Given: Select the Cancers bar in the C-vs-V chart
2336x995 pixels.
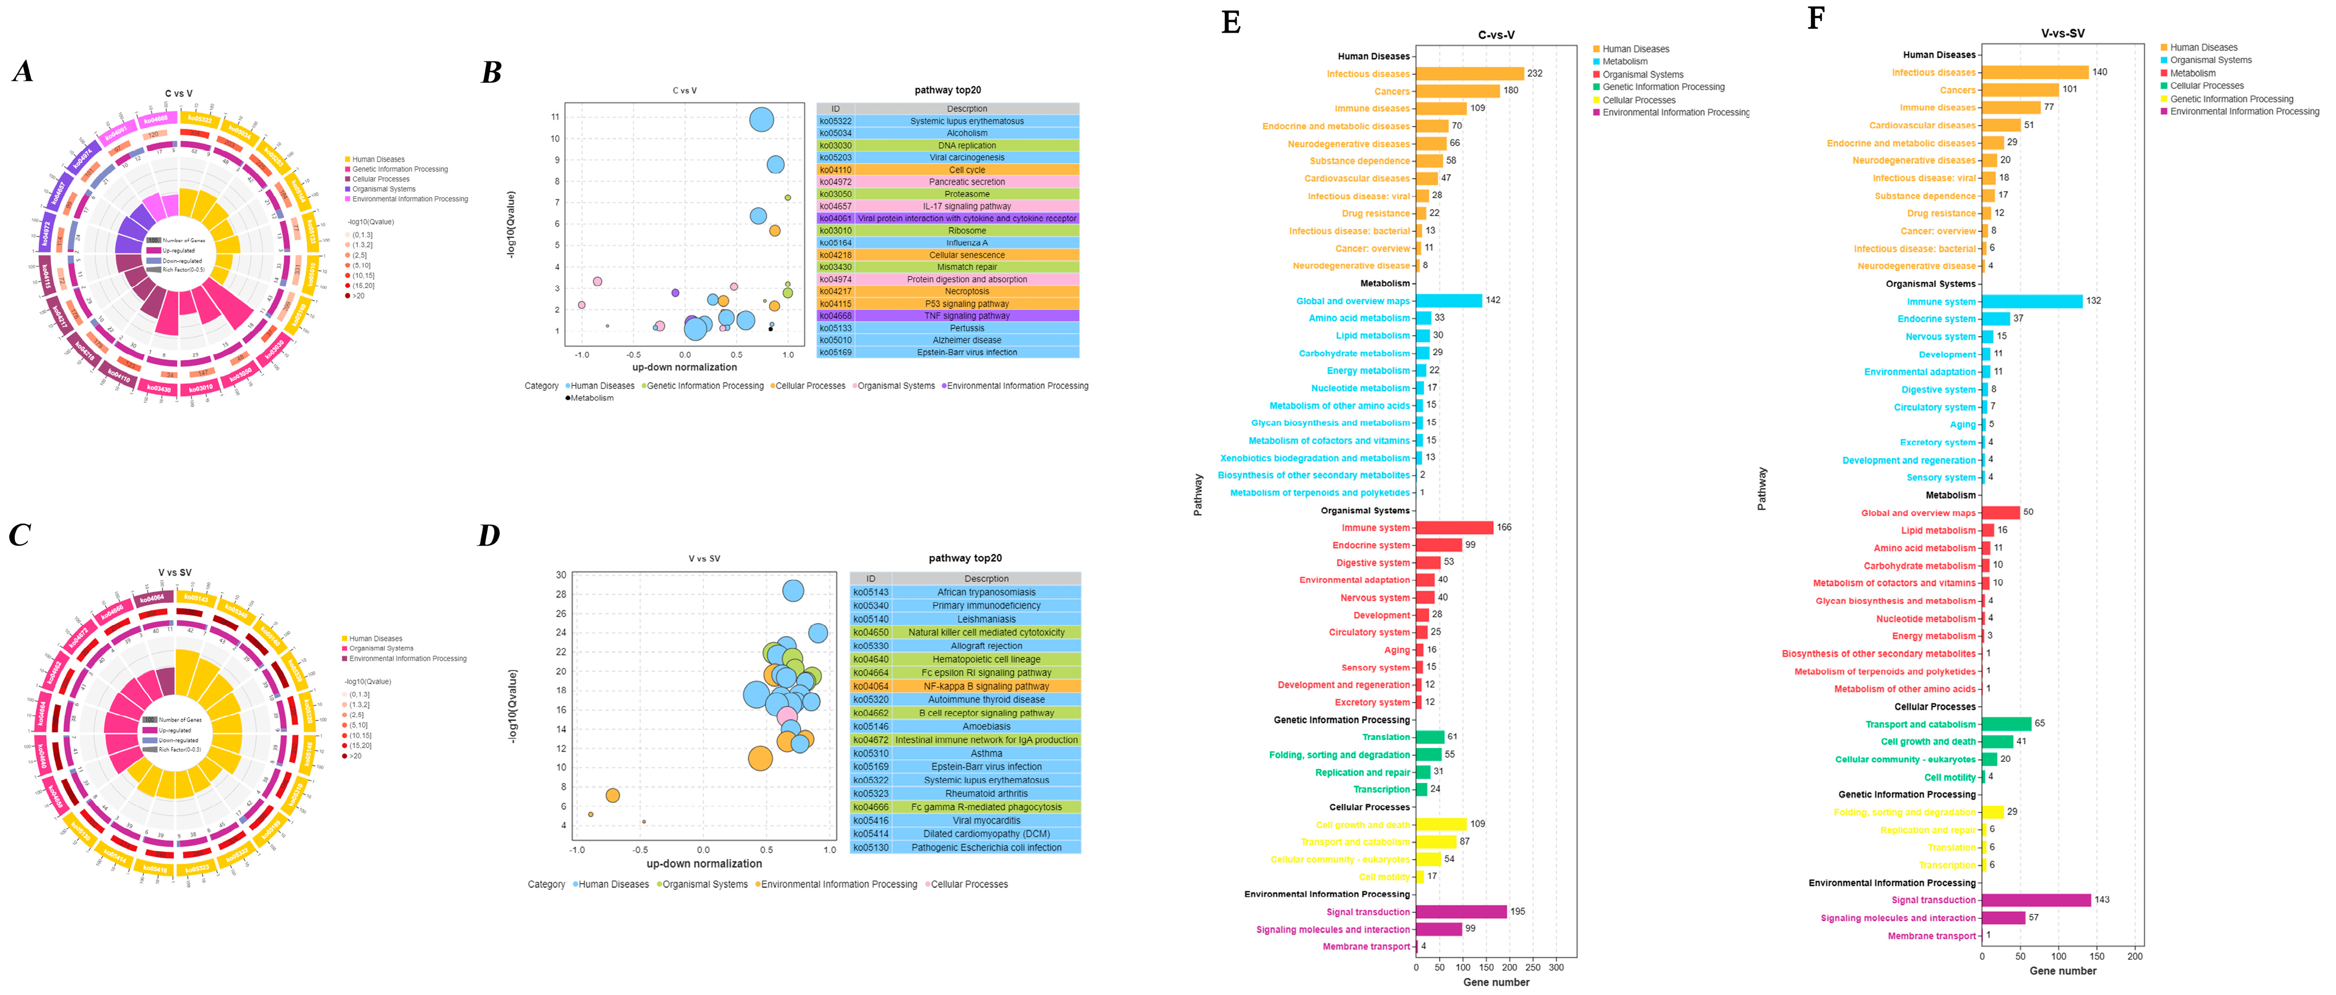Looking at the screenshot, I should click(1457, 90).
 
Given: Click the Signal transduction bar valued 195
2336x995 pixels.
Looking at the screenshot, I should click(1461, 912).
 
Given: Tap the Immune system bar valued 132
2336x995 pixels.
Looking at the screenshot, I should click(2031, 301).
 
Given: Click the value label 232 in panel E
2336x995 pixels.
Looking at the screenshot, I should click(1534, 74).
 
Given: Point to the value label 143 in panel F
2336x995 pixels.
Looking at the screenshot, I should click(2102, 900).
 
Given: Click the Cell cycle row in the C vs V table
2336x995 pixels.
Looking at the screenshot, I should click(966, 169).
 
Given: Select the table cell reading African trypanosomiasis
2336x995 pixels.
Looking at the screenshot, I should click(985, 592).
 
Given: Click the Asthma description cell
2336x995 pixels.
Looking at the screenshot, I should click(985, 754).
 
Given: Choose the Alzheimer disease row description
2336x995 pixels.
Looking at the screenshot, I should click(966, 340).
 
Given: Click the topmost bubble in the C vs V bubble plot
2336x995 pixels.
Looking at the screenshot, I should click(762, 120).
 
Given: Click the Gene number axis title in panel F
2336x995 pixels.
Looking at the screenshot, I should click(2062, 970).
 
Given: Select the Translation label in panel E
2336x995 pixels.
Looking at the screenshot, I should click(1386, 737).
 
